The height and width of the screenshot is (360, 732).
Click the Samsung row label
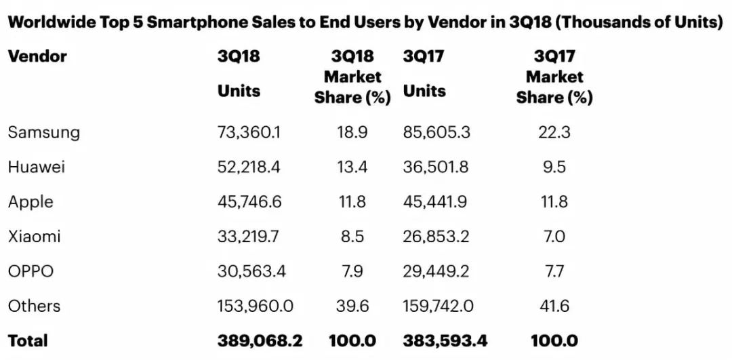44,133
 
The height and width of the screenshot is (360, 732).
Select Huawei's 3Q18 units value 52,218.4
249,167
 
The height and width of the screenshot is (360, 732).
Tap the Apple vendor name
30,203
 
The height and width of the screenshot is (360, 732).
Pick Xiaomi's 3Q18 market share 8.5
352,236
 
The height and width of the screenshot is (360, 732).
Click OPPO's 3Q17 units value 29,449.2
436,271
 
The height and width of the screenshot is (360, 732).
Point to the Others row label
34,306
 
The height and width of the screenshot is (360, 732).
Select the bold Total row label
28,340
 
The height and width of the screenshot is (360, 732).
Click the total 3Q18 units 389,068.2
260,340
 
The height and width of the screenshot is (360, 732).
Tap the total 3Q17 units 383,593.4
445,340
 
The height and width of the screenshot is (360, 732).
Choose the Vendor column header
37,56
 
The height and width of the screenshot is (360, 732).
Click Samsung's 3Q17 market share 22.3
554,133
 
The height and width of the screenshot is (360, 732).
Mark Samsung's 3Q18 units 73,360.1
249,133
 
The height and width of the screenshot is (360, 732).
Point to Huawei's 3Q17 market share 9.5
554,167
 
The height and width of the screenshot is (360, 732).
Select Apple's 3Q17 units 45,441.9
436,202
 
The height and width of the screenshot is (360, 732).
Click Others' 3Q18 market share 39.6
352,306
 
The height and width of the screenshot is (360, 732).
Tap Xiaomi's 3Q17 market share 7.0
554,236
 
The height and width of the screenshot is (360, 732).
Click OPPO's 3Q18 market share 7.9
352,271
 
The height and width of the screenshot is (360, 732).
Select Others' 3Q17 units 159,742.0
439,306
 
